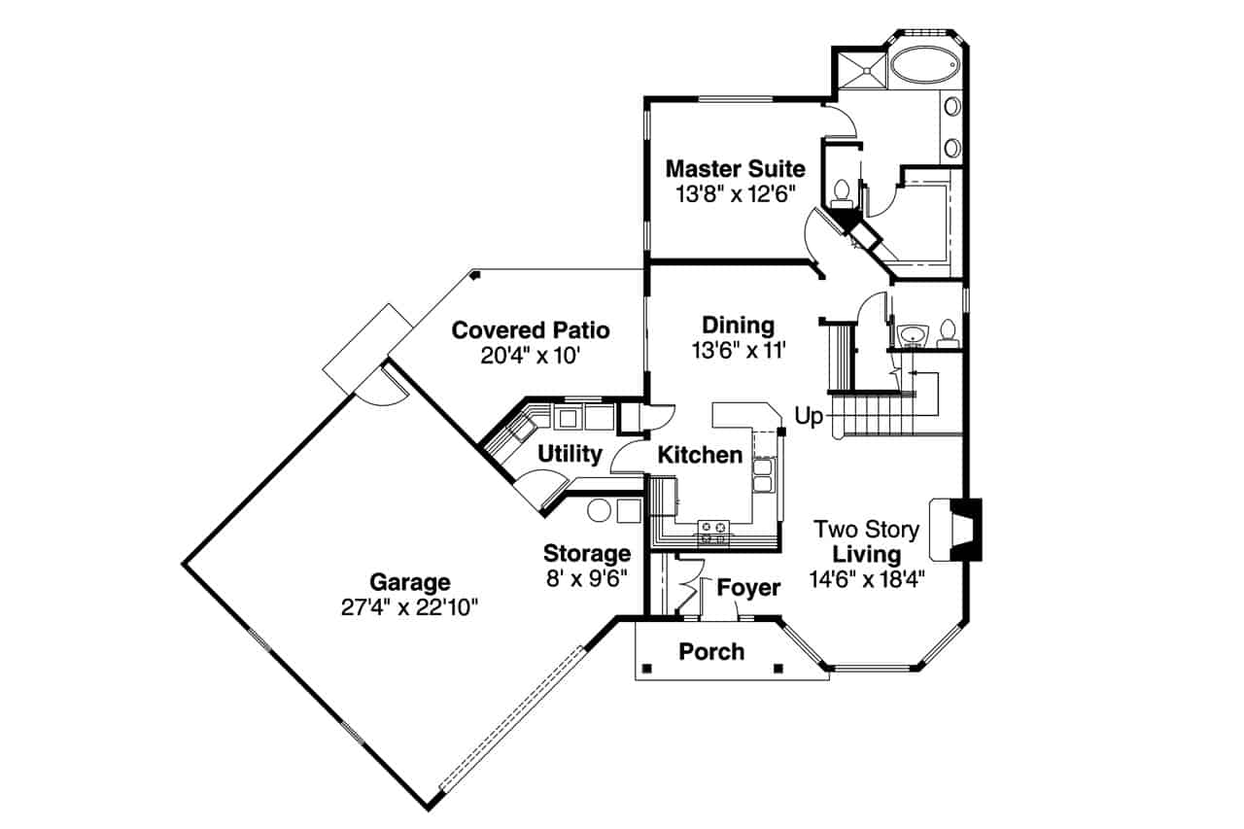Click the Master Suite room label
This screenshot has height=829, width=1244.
click(x=735, y=169)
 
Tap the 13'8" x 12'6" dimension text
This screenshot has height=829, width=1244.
click(x=735, y=193)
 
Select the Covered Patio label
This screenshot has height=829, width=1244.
click(x=531, y=330)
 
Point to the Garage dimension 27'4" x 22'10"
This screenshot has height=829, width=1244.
click(x=409, y=606)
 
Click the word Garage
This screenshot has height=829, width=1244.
click(x=409, y=582)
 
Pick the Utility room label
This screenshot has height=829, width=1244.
click(x=570, y=454)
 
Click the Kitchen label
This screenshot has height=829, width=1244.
click(x=700, y=455)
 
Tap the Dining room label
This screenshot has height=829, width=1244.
click(x=739, y=326)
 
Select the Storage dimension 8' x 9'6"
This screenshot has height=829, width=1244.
click(x=586, y=577)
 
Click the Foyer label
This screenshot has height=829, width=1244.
click(x=748, y=588)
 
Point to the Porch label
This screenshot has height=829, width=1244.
click(x=711, y=651)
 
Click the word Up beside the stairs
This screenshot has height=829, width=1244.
click(x=809, y=417)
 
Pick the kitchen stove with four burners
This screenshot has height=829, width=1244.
click(x=714, y=531)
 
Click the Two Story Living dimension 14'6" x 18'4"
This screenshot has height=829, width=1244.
click(x=867, y=579)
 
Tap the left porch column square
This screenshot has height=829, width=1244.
click(x=646, y=668)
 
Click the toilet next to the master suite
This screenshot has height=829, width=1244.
click(x=842, y=190)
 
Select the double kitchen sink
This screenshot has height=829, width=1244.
click(x=763, y=475)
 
